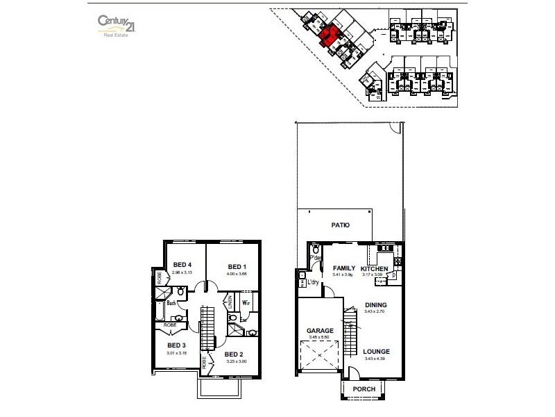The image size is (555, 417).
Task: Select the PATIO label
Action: [340, 225]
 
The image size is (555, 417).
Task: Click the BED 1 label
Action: [237, 267]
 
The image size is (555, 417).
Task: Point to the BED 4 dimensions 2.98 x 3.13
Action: [182, 273]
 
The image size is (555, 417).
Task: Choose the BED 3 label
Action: [176, 345]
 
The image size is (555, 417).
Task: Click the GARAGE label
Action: [320, 331]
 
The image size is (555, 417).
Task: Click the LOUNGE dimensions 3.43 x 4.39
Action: [377, 359]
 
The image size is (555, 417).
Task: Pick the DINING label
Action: [375, 305]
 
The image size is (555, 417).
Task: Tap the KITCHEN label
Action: [375, 268]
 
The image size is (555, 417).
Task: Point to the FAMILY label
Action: [344, 268]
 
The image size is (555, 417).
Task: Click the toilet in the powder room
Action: [316, 249]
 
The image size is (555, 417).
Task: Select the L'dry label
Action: [313, 282]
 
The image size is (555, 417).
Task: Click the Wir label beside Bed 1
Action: [246, 304]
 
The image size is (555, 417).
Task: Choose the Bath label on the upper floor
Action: [171, 304]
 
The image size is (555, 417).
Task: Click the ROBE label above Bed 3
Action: [170, 325]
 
